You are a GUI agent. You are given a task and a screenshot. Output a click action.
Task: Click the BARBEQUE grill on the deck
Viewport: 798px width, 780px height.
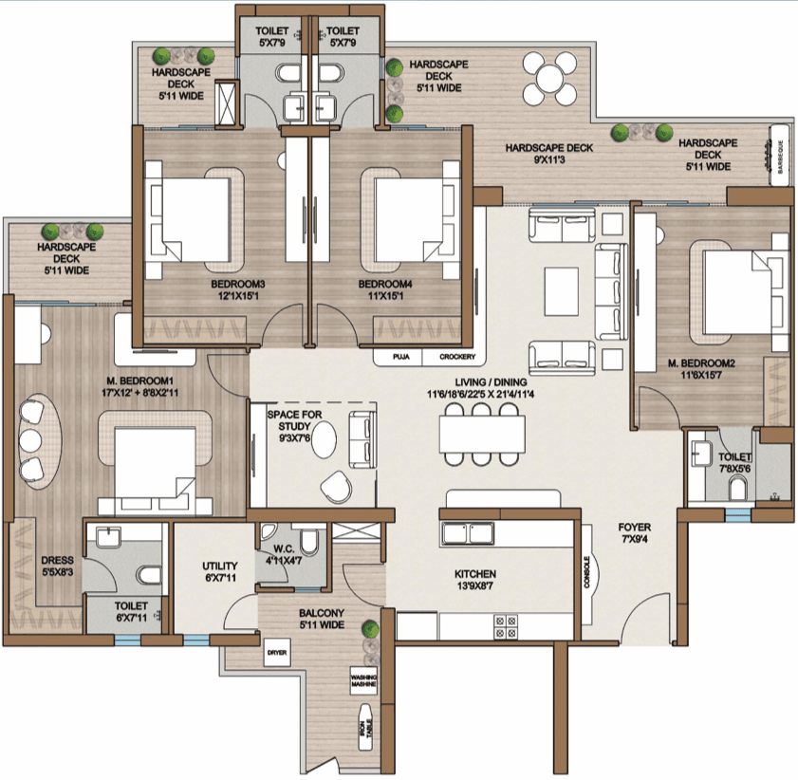tap(780, 156)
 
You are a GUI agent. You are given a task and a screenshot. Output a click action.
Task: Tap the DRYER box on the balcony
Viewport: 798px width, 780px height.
tap(277, 653)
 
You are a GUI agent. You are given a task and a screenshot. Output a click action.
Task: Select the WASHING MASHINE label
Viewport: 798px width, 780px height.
tap(363, 680)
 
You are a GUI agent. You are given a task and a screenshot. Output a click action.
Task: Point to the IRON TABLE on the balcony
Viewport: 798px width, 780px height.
tap(366, 727)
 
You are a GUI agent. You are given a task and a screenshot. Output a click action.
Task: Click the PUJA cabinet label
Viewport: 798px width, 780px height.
tap(401, 357)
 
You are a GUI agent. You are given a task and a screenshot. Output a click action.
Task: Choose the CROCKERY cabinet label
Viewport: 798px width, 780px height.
tap(457, 357)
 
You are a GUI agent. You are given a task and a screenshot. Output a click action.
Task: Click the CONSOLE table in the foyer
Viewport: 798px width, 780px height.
tap(586, 573)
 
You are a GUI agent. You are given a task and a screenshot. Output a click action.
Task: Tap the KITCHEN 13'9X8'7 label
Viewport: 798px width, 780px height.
tap(474, 580)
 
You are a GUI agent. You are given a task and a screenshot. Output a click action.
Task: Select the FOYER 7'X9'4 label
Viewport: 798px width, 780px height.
tap(634, 533)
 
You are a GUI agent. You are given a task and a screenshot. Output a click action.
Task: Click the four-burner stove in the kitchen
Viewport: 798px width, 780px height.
tap(506, 626)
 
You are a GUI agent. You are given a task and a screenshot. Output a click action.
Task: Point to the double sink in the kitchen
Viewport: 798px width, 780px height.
tap(468, 533)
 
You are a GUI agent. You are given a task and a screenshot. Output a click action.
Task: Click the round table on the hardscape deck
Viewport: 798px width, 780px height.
tap(550, 79)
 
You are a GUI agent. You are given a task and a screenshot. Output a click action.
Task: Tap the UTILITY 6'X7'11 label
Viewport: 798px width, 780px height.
tap(220, 571)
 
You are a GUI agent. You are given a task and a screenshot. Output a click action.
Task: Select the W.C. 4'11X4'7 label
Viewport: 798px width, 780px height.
tap(284, 555)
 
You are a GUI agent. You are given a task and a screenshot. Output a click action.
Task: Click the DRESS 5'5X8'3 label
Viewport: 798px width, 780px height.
tap(57, 566)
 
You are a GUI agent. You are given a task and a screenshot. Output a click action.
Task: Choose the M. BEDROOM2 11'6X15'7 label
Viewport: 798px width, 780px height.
tap(701, 369)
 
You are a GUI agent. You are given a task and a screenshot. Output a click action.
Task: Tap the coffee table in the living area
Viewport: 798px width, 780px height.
tap(562, 292)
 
